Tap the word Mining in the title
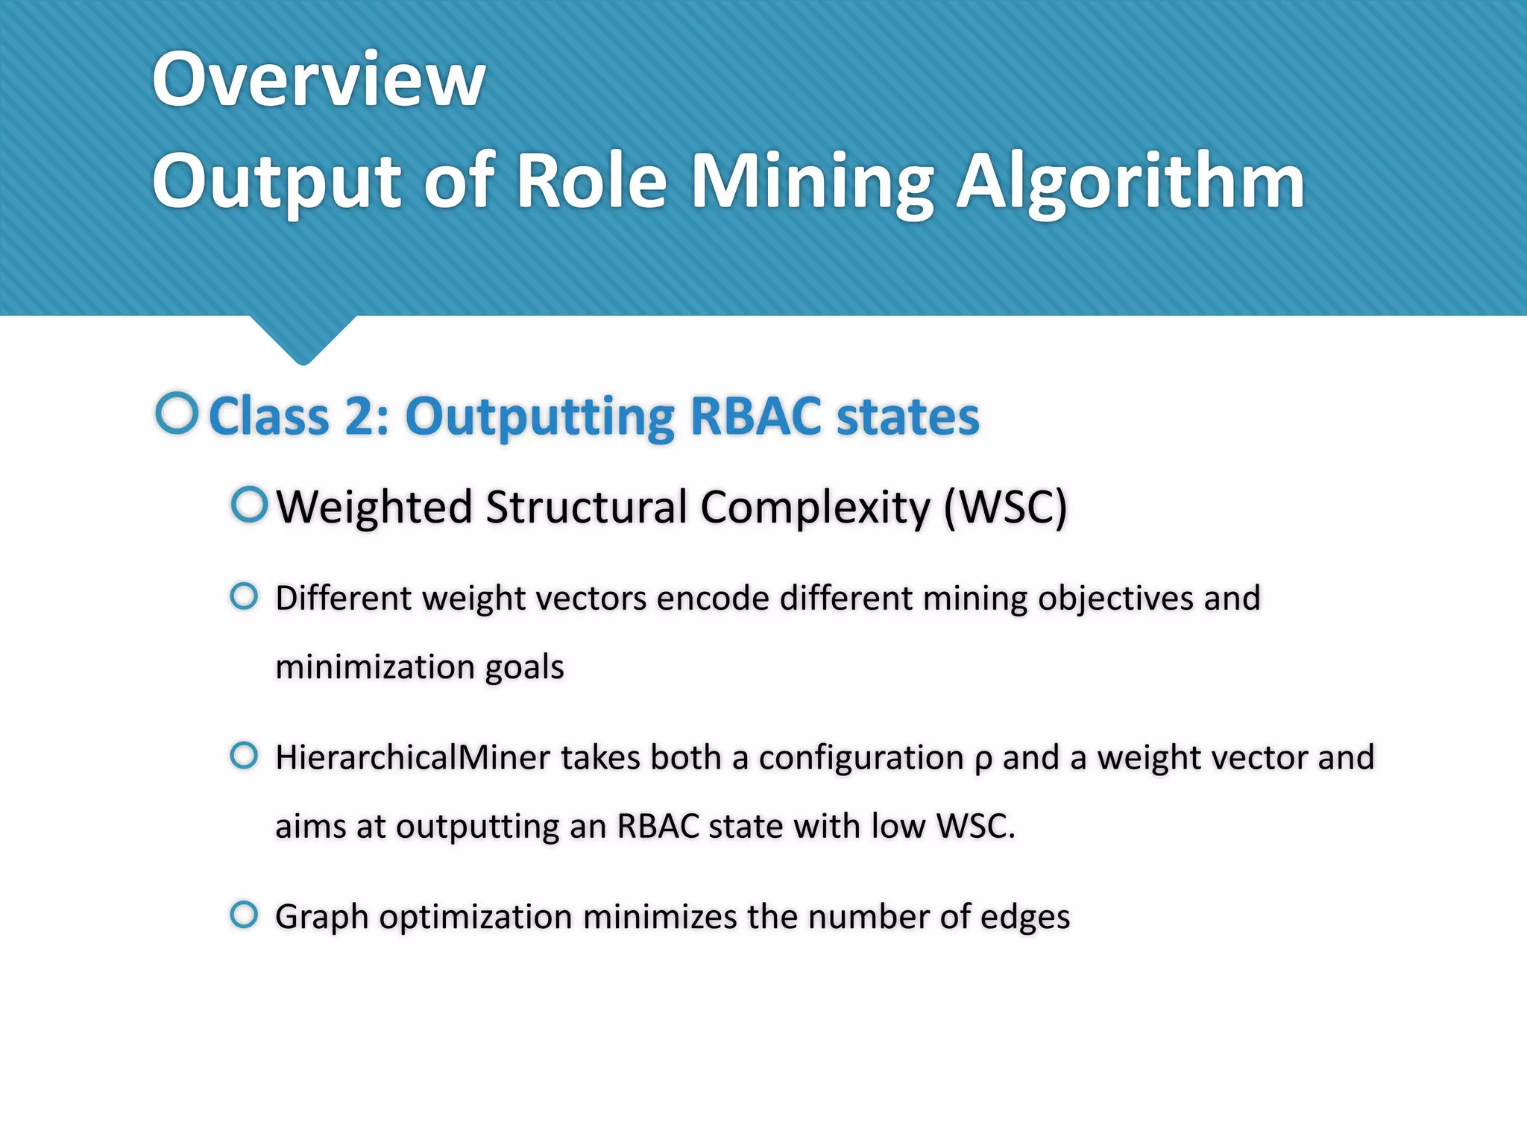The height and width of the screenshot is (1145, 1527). point(812,182)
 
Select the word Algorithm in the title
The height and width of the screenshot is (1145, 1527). point(1130,182)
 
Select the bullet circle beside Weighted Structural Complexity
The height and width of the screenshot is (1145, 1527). point(249,505)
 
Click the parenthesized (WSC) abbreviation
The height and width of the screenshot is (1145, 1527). point(1006,508)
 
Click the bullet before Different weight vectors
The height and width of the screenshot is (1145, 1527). point(244,596)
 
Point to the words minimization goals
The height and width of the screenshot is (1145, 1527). point(420,667)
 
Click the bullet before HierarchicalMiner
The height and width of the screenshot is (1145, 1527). point(244,756)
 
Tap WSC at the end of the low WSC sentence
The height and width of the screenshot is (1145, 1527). point(975,827)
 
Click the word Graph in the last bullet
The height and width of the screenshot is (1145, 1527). point(321,918)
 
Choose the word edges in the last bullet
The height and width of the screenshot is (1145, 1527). point(1024,918)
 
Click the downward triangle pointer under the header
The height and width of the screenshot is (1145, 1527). point(303,339)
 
